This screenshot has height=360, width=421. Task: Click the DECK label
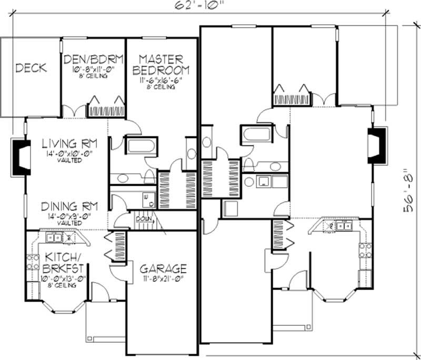[31, 67]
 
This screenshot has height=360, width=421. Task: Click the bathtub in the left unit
[140, 146]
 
